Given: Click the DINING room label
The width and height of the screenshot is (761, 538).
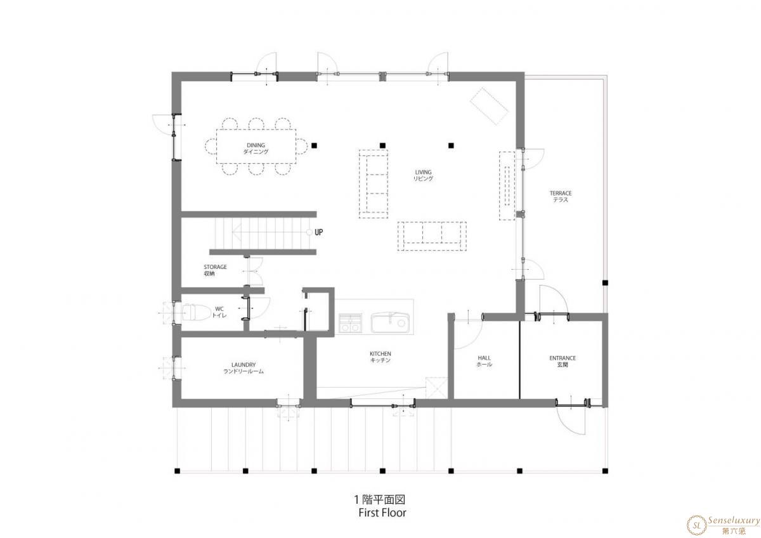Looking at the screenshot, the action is [x=256, y=148].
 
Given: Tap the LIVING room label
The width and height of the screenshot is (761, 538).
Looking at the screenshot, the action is [x=423, y=175].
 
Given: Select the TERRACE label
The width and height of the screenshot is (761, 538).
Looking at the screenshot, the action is [x=561, y=197].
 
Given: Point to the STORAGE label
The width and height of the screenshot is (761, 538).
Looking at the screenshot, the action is [x=215, y=270].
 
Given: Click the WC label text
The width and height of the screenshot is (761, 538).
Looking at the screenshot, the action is [x=219, y=312].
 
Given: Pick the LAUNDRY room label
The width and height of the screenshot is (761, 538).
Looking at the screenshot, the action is [x=244, y=368].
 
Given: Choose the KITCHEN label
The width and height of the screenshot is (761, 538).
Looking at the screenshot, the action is [x=380, y=357].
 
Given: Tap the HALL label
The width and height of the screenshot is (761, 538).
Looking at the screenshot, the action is [x=484, y=361].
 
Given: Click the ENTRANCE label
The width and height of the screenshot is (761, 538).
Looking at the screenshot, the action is [x=563, y=361].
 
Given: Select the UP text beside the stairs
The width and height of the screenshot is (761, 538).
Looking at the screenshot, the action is [x=318, y=232].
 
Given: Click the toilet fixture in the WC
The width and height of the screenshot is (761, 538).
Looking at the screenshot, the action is [x=196, y=312].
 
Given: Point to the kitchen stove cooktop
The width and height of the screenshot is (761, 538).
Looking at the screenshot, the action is [x=350, y=323].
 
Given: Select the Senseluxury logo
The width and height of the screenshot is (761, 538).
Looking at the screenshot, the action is [x=723, y=525].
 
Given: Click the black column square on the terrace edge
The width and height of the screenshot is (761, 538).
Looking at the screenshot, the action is [x=605, y=282].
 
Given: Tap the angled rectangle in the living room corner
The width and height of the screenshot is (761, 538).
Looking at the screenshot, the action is [x=489, y=107].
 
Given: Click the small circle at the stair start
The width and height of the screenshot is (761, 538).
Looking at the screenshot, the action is [x=309, y=232].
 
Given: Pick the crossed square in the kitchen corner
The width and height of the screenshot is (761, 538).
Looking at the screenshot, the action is [x=436, y=388].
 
